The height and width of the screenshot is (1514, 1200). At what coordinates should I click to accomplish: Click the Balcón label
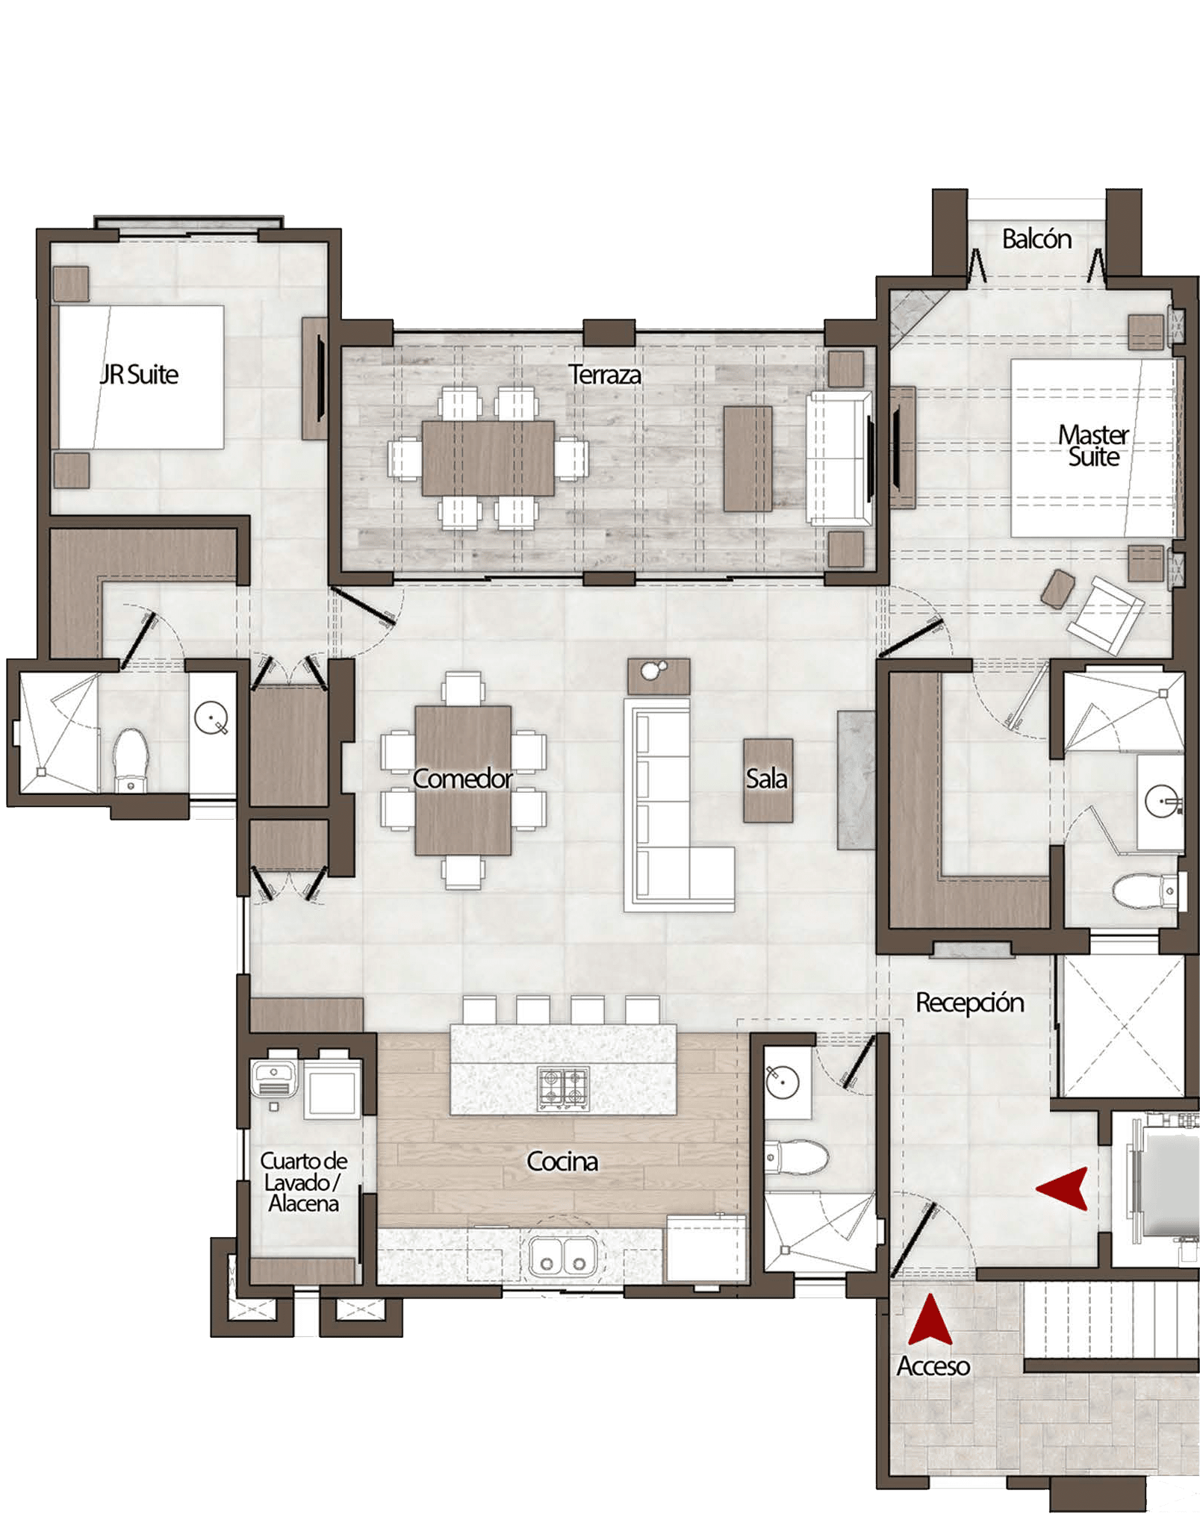tap(1036, 239)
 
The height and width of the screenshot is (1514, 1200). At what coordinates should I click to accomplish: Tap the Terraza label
tap(605, 374)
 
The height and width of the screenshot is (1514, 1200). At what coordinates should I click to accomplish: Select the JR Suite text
tap(140, 374)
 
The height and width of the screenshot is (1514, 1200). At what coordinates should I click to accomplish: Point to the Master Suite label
tap(1093, 446)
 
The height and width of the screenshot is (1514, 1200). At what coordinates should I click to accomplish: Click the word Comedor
tap(462, 779)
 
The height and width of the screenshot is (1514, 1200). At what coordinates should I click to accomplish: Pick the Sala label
tap(767, 779)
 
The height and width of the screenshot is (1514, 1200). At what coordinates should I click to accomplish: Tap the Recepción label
tap(970, 1003)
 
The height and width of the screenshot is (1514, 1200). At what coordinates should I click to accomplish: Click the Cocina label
tap(562, 1161)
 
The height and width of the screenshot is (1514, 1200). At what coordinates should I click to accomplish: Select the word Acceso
tap(933, 1365)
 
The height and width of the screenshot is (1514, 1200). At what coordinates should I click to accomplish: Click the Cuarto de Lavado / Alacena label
tap(304, 1182)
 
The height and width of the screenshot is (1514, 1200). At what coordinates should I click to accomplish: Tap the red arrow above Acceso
tap(930, 1319)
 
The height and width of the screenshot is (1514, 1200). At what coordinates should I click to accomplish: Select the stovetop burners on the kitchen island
tap(564, 1088)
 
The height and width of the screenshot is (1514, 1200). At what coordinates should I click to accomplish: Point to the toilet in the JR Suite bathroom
tap(131, 759)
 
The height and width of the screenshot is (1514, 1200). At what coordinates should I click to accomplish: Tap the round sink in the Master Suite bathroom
tap(1163, 802)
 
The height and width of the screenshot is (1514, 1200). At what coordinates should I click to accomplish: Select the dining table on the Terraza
tap(488, 458)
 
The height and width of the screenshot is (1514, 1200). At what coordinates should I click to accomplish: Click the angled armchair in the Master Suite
tap(1105, 616)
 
